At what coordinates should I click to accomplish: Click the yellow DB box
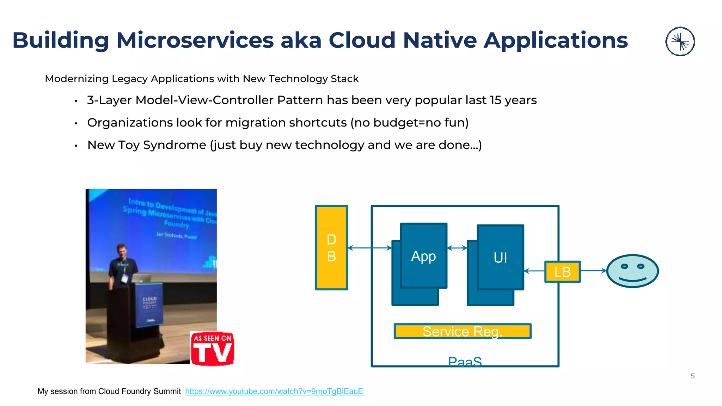pos(331,248)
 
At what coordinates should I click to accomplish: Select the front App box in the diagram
pos(423,256)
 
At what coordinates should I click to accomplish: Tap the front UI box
pos(500,257)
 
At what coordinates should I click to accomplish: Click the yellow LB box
pos(562,272)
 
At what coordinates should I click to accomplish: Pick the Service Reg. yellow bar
pos(462,331)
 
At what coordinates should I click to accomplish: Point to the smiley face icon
pos(632,271)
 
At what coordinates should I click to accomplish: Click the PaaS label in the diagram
pos(465,362)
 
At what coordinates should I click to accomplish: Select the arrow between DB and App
pos(369,248)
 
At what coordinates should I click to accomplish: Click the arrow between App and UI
pos(457,248)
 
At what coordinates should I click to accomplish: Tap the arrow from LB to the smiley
pos(593,271)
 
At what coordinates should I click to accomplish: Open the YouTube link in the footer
pos(274,391)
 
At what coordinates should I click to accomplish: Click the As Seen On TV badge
pos(212,348)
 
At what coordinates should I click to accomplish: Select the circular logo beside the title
pos(680,42)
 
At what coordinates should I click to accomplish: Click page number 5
pos(692,376)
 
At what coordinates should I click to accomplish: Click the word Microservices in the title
pos(195,40)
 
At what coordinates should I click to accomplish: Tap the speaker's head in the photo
pos(121,250)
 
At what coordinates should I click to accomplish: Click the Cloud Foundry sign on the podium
pos(149,303)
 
